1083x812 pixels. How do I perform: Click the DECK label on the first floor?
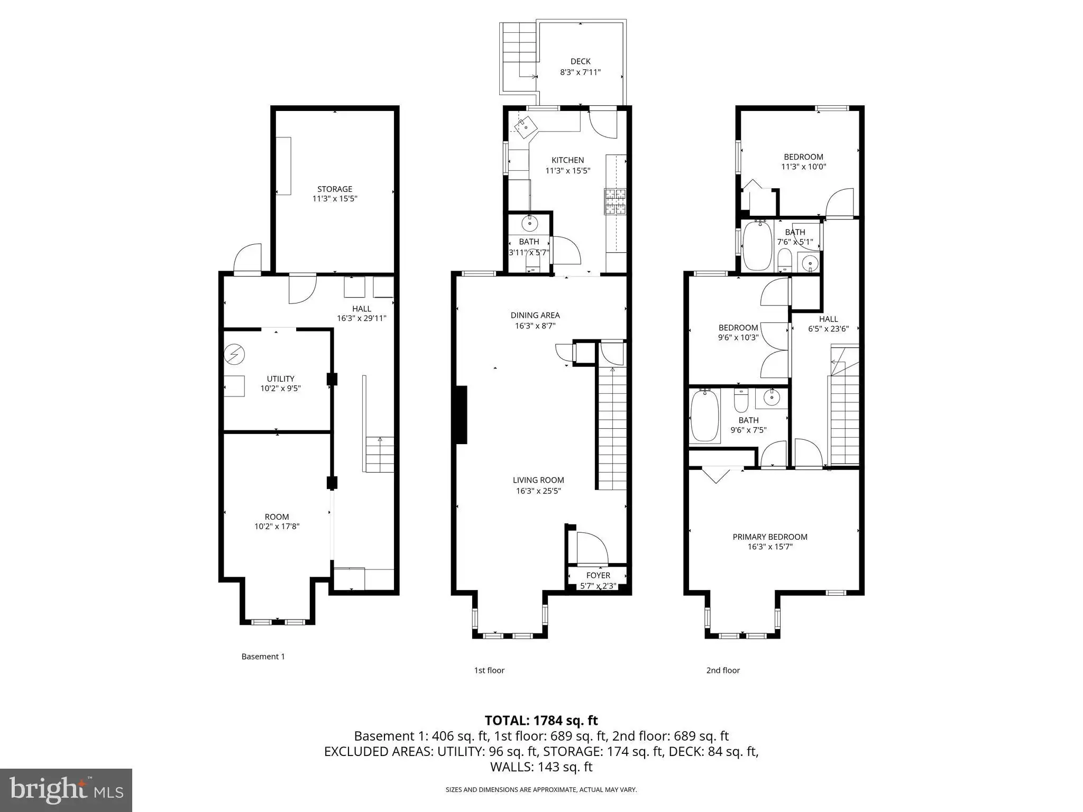[x=580, y=61]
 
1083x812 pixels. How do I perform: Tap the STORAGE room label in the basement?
[x=334, y=189]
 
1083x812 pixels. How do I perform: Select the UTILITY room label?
[x=280, y=379]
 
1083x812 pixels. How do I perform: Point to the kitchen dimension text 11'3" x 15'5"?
[x=567, y=170]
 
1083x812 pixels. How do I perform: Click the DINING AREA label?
[x=535, y=315]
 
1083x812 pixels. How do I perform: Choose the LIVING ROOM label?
[x=538, y=480]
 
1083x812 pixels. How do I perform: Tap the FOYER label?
[x=598, y=575]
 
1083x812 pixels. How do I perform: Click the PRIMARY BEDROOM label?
[x=770, y=537]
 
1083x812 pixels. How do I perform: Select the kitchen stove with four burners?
[x=616, y=201]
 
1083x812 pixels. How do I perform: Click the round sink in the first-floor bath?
[x=529, y=224]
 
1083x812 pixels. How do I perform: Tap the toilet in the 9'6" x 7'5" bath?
[x=741, y=401]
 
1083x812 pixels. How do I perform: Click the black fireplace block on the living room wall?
[x=462, y=415]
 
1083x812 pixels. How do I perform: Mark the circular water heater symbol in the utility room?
[x=234, y=354]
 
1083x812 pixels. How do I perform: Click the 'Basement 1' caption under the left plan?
[x=263, y=657]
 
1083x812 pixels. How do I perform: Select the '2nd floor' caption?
[x=723, y=670]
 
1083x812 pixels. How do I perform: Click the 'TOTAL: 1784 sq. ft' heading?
[x=541, y=720]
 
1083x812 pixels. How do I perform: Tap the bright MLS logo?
[x=66, y=790]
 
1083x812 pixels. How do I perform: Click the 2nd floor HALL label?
[x=828, y=319]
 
